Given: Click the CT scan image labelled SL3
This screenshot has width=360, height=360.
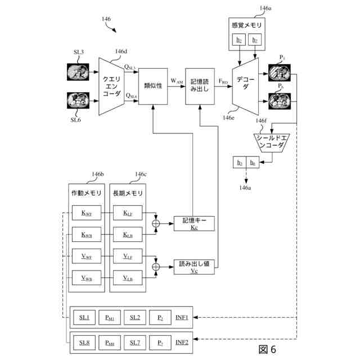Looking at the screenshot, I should [x=77, y=71].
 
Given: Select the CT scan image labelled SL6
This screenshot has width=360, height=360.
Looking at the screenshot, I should [x=77, y=101].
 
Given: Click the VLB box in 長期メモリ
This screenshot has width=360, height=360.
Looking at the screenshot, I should [x=127, y=278].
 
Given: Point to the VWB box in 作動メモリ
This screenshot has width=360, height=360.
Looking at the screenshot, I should [x=86, y=278].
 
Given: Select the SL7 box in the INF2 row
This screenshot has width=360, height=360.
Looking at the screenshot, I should [x=134, y=342].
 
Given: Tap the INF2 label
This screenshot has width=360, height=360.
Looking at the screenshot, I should [x=182, y=341].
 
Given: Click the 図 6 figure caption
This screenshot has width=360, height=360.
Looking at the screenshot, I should [x=267, y=349].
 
